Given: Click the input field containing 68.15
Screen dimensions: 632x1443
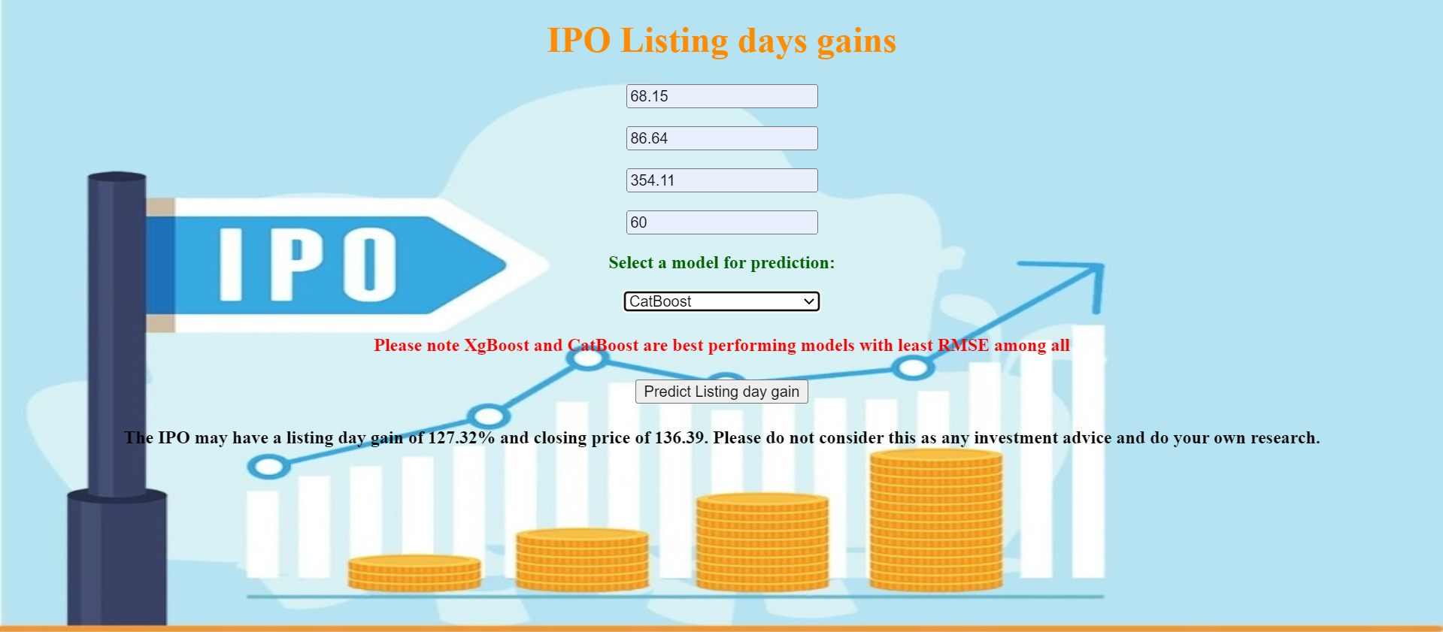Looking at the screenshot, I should click(x=721, y=96).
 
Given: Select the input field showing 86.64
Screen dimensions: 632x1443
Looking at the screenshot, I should click(x=721, y=138).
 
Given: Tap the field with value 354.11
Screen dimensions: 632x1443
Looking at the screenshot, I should click(x=721, y=180).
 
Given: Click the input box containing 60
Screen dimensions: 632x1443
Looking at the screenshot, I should click(x=721, y=222).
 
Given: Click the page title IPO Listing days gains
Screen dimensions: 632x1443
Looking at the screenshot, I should click(x=721, y=41).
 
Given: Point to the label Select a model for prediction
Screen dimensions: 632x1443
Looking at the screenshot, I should click(x=721, y=263).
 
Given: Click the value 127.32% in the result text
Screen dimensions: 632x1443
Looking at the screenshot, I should click(x=461, y=438).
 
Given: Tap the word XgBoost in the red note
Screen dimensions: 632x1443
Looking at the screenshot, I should click(x=496, y=346).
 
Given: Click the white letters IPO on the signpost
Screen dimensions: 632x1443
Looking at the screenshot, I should click(x=307, y=265).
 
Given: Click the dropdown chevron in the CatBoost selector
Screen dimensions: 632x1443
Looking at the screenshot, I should click(x=809, y=301).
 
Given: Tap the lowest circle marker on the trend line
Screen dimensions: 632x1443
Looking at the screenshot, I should click(x=268, y=467).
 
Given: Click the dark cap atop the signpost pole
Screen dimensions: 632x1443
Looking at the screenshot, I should click(x=117, y=177).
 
